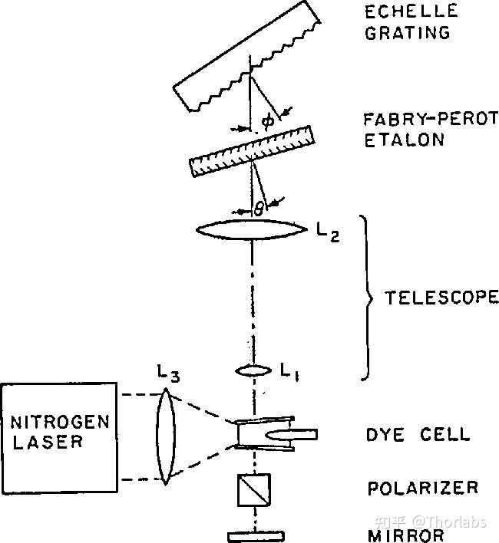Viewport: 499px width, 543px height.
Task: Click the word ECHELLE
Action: pos(411,11)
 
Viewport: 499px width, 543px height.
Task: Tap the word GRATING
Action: pos(408,32)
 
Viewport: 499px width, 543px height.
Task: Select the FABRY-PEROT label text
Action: pos(431,119)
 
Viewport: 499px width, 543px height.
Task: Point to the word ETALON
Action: pos(404,140)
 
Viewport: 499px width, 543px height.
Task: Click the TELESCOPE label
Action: pos(442,298)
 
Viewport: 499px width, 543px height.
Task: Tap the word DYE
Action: pos(385,435)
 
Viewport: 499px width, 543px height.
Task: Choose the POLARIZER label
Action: pos(423,488)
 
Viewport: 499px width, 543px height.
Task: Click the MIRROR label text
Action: pos(406,535)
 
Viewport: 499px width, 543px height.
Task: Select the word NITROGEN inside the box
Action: pos(60,422)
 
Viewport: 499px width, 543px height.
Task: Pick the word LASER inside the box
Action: pos(48,442)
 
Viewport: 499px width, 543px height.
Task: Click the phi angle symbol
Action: pos(268,121)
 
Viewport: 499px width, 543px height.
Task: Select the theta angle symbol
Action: pos(259,209)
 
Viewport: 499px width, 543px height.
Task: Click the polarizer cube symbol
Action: pos(254,489)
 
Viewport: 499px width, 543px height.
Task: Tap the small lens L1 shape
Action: pos(253,371)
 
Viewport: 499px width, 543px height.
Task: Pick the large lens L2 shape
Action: pos(252,229)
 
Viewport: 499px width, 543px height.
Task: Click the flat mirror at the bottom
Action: pos(256,536)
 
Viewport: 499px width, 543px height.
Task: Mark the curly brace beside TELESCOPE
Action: pos(367,298)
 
